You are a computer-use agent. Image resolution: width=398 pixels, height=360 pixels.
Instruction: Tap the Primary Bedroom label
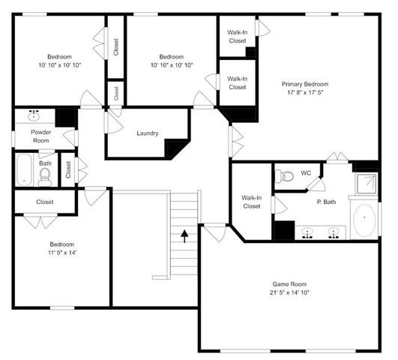(x=304, y=84)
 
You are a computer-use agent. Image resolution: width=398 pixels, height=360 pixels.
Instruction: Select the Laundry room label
(x=147, y=133)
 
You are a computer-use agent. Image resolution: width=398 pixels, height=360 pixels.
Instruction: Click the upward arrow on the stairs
(x=184, y=238)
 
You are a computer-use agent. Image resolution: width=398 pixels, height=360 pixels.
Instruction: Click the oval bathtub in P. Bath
(x=365, y=220)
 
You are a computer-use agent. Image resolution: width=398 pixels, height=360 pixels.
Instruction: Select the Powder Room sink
(x=34, y=116)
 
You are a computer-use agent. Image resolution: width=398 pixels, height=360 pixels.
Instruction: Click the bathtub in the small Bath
(x=23, y=170)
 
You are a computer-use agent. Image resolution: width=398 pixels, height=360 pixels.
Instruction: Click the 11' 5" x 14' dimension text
(x=62, y=253)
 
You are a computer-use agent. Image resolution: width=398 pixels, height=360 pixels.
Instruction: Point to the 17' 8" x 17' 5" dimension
(x=304, y=93)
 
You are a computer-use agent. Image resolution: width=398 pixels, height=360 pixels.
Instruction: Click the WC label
(x=306, y=173)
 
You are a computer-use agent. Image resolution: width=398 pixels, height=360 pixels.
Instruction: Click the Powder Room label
(x=40, y=136)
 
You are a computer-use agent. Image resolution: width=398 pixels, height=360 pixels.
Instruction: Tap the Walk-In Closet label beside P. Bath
(x=251, y=202)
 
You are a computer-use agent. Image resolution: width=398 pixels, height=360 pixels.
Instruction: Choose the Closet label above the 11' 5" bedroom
(x=44, y=202)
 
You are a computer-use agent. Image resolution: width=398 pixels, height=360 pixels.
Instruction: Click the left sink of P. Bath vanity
(x=307, y=232)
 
